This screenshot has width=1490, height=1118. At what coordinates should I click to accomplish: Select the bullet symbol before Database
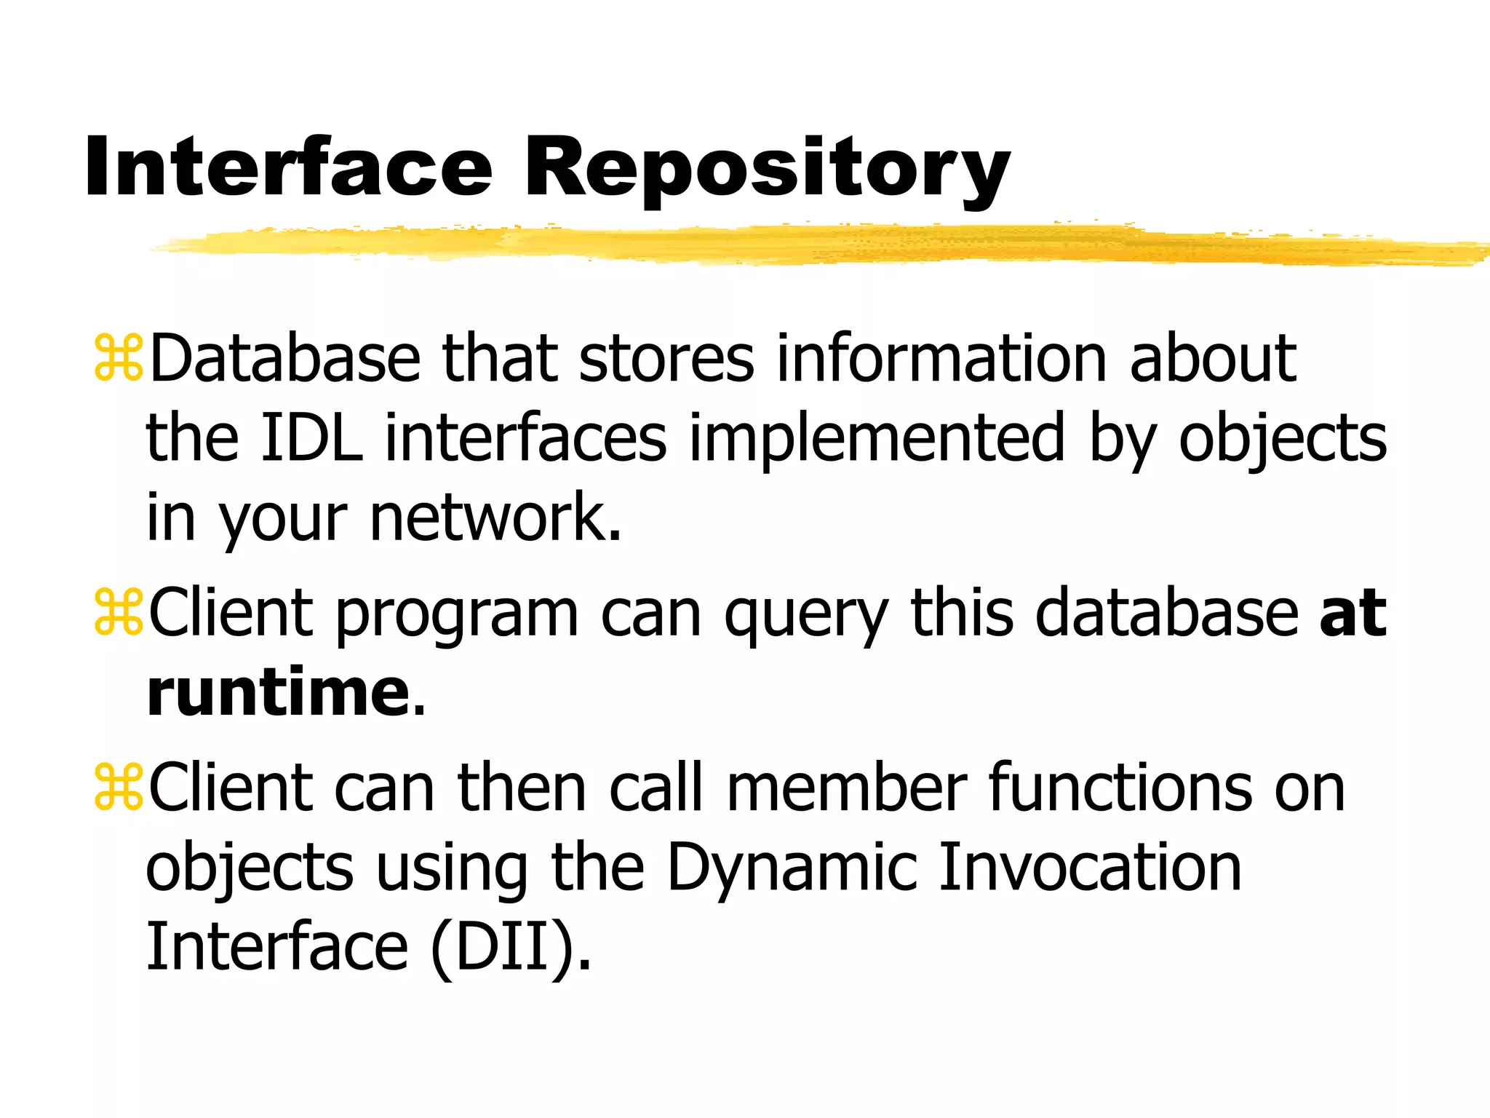tap(118, 358)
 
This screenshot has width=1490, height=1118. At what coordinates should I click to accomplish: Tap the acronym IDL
tap(311, 437)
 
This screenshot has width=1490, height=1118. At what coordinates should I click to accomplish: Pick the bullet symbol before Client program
tap(118, 614)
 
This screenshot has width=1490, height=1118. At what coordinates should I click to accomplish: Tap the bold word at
tap(1352, 614)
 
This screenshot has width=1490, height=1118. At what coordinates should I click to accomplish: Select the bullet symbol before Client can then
tap(118, 788)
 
